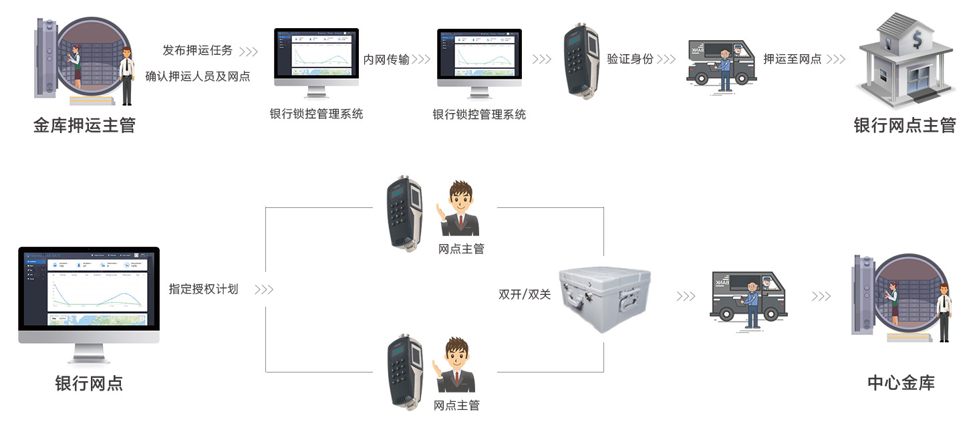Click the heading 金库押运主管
84,125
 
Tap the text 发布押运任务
197,51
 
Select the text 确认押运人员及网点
198,76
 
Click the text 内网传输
386,60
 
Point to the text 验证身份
630,59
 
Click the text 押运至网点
793,59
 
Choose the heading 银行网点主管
905,125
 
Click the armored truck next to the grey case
748,300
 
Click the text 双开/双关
525,294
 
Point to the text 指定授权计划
203,290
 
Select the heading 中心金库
901,383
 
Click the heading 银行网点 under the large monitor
89,383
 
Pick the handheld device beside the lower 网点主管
405,372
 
